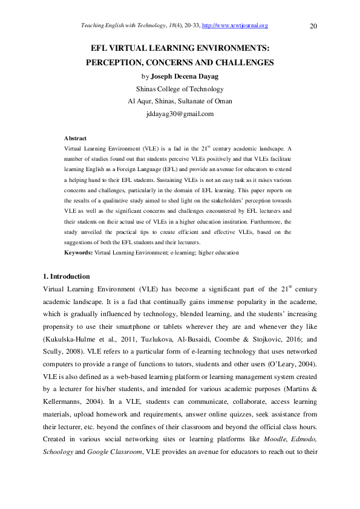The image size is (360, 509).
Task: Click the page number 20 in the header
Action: (313, 26)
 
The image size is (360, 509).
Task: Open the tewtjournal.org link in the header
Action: (235, 25)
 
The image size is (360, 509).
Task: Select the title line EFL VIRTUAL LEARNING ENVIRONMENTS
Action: (180, 48)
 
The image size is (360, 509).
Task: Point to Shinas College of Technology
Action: (180, 89)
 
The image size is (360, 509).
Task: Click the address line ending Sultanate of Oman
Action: (180, 101)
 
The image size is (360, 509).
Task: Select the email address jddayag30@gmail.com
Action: (180, 114)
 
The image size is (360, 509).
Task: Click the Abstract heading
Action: (75, 138)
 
